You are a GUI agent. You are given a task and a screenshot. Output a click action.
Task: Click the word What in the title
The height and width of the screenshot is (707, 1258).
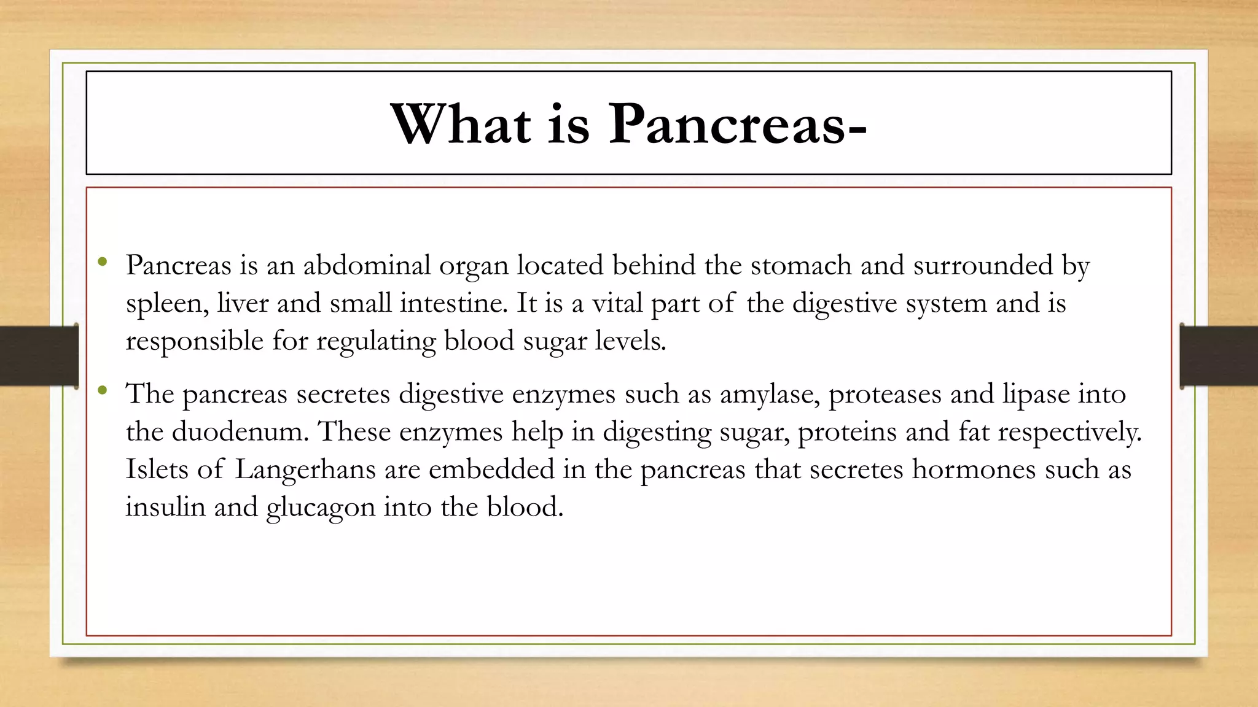click(461, 124)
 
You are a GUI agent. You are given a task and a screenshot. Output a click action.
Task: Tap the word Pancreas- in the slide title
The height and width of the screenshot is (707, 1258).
click(737, 124)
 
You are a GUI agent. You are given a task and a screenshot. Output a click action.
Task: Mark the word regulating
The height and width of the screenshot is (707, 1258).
click(376, 341)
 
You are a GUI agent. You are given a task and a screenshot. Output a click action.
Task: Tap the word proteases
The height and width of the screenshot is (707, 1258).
click(885, 394)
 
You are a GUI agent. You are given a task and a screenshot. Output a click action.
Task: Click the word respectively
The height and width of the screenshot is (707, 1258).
click(1069, 432)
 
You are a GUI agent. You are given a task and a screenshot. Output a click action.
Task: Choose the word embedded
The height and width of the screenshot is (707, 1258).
click(491, 469)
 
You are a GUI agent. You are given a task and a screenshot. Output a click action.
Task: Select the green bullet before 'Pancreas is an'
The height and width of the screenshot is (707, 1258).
click(103, 263)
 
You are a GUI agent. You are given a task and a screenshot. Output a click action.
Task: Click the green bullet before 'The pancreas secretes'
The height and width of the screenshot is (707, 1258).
click(103, 391)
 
